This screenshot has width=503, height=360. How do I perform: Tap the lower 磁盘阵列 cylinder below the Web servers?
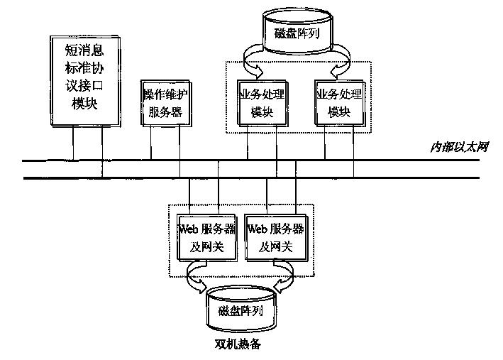pyautogui.click(x=241, y=309)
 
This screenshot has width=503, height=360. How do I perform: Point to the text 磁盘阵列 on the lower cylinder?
pyautogui.click(x=241, y=311)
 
